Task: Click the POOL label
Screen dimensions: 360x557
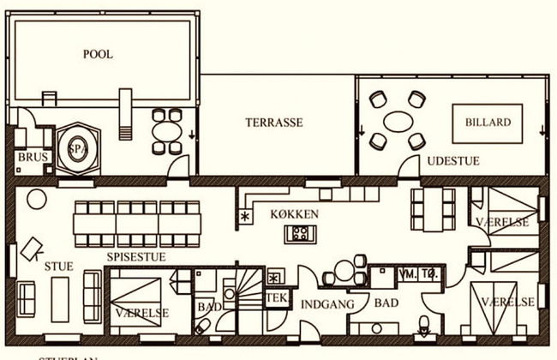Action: [x=98, y=54]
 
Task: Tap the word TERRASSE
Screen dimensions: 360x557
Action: [x=273, y=123]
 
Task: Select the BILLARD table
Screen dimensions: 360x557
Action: [x=488, y=123]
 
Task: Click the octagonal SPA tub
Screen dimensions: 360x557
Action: [x=78, y=148]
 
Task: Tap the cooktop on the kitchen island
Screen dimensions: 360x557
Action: [x=302, y=232]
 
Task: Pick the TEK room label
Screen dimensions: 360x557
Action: [x=276, y=297]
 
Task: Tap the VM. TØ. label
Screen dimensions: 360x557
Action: [x=420, y=276]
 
